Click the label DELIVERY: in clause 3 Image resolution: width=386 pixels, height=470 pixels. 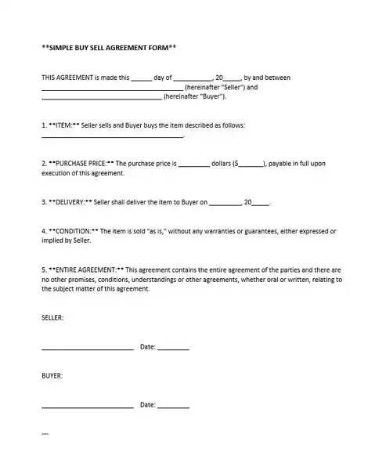click(71, 201)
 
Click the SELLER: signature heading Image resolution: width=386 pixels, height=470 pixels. click(52, 317)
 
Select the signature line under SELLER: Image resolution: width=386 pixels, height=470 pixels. click(87, 348)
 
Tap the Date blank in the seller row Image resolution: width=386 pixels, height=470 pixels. click(173, 348)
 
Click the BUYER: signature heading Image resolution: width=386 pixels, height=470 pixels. click(52, 375)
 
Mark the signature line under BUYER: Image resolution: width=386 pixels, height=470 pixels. click(87, 407)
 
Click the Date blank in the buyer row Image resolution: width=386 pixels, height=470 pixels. click(173, 407)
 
